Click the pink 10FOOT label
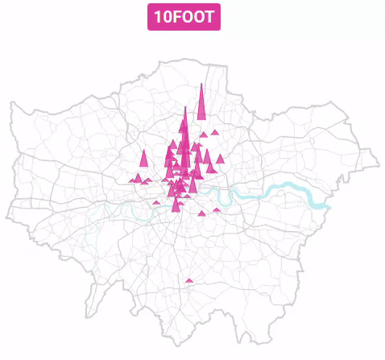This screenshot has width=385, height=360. coord(184,16)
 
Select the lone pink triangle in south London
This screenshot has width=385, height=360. coord(189,281)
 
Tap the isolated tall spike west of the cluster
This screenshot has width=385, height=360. coord(143,159)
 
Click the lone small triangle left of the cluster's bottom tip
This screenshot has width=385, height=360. coord(156,202)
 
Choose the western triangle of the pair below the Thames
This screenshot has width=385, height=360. coord(202,213)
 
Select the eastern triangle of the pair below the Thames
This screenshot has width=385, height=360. coord(216,210)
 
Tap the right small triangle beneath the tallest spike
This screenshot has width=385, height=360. coord(215,133)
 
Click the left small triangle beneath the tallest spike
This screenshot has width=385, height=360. coord(204,134)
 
